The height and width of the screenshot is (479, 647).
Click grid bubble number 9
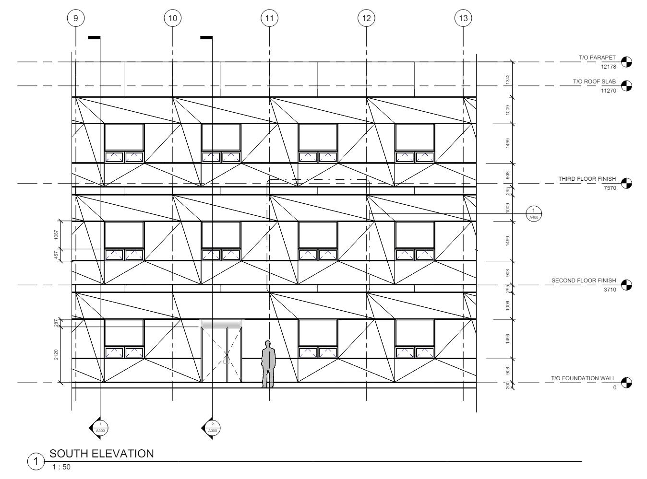pos(75,18)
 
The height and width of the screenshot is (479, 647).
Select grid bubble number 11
pos(269,18)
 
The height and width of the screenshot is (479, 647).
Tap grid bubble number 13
pos(463,18)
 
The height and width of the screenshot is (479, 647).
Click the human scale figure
pos(268,364)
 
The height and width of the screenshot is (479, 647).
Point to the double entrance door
pos(221,355)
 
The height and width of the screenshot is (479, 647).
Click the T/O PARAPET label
pos(597,58)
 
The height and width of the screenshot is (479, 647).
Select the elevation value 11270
pos(608,91)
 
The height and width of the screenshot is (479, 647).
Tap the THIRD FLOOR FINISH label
pos(587,179)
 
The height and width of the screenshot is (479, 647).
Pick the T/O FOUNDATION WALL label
pos(583,378)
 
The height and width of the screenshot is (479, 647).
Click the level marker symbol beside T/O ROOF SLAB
pos(626,86)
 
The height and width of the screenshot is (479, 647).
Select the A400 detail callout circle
pos(533,213)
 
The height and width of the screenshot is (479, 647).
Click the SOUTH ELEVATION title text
pos(102,454)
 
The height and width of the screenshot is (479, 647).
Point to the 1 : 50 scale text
pos(61,467)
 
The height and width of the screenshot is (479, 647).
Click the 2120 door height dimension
pos(57,355)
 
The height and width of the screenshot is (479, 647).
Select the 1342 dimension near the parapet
pos(508,80)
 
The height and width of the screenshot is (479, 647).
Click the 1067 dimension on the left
pos(57,235)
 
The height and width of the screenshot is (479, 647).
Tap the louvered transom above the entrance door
pos(221,323)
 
